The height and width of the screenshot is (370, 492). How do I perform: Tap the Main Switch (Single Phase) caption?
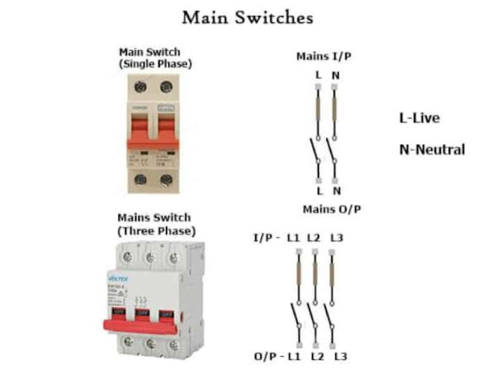click(x=155, y=58)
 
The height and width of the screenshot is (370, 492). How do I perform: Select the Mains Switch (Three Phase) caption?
click(x=156, y=224)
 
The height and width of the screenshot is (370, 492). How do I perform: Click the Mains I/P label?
click(x=326, y=57)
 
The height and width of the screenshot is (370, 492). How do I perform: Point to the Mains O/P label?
click(x=331, y=209)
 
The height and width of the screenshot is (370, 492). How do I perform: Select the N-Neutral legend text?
click(x=431, y=149)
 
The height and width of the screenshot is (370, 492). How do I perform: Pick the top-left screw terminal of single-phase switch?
click(x=141, y=88)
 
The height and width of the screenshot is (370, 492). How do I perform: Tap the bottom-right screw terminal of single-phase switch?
click(x=166, y=180)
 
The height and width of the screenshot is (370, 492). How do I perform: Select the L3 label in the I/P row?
click(x=336, y=238)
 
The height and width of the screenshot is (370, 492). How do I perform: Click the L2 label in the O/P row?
click(x=317, y=357)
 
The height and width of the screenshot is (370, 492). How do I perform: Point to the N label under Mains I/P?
click(x=336, y=75)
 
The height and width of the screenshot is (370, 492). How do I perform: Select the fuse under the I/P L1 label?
click(x=296, y=275)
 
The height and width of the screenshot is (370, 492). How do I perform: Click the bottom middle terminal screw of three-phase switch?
click(x=151, y=343)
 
